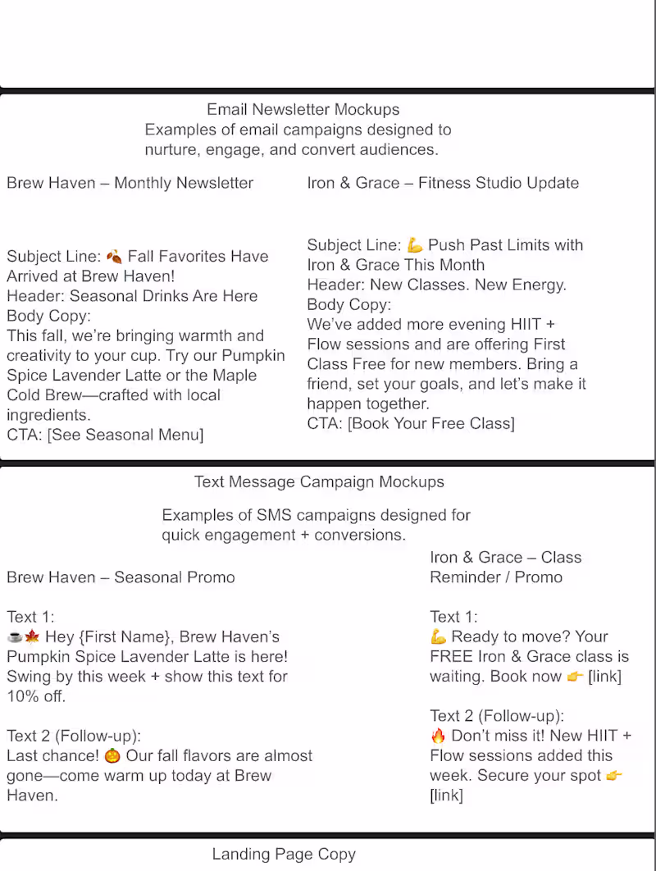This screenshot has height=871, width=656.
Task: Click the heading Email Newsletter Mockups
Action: pos(303,109)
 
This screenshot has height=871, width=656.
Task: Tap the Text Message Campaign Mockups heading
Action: pos(319,481)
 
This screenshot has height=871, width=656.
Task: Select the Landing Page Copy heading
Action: pos(284,854)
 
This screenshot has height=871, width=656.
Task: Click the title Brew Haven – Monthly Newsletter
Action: pos(130,183)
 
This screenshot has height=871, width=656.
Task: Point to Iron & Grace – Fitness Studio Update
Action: pos(443,183)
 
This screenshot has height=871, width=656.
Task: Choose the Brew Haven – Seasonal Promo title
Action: pos(121,577)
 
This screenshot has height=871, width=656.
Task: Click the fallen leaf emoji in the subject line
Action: pos(115,257)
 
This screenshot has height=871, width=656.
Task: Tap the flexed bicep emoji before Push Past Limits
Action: pos(415,245)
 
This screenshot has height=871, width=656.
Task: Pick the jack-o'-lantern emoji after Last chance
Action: pos(112,755)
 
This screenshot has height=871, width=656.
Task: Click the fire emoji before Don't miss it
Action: pos(438,736)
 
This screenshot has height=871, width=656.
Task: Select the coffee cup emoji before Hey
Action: pos(14,637)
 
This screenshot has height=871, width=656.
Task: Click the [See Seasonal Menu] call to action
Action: pos(125,435)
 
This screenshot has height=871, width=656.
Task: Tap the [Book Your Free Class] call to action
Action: pos(431,423)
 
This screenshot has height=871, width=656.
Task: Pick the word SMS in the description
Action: pos(274,515)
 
